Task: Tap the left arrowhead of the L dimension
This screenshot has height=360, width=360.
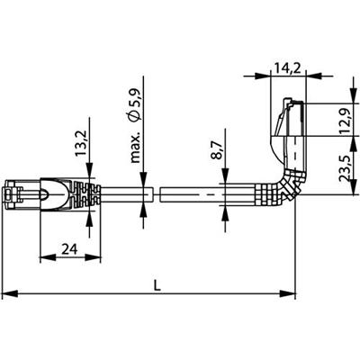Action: click(7, 293)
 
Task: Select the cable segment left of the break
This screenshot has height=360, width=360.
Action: click(121, 193)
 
